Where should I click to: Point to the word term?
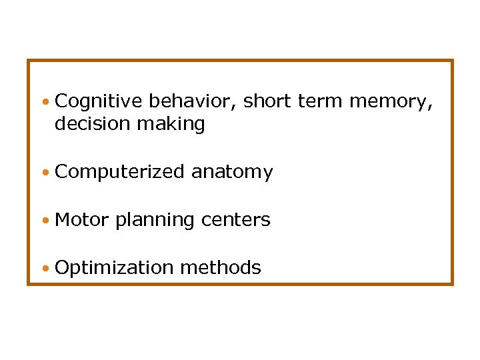(x=320, y=101)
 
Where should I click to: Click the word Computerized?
(x=119, y=172)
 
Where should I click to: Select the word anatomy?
(x=232, y=173)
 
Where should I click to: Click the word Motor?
(x=82, y=219)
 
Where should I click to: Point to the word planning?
(x=153, y=220)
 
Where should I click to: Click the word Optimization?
(x=114, y=268)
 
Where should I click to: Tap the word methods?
(x=221, y=267)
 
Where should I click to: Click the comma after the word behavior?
(x=238, y=107)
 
